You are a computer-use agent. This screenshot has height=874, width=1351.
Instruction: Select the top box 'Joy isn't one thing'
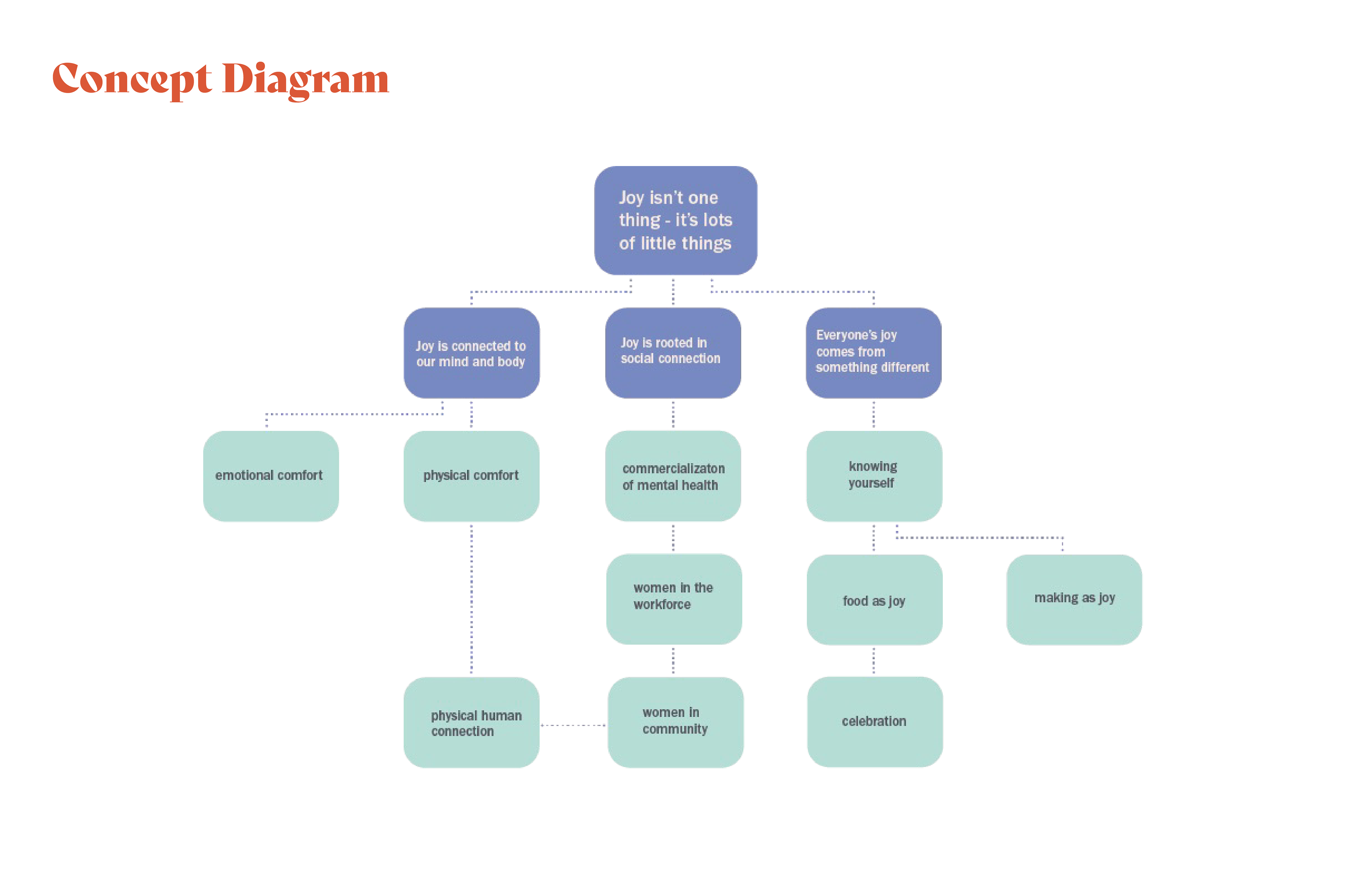click(x=675, y=220)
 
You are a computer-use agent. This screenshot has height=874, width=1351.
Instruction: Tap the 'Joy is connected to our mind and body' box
click(x=472, y=353)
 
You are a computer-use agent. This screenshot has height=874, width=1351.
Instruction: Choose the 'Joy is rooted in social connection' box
click(x=673, y=353)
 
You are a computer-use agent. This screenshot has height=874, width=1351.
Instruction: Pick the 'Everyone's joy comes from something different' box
click(x=874, y=353)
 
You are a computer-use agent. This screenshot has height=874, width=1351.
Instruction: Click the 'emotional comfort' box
click(x=271, y=476)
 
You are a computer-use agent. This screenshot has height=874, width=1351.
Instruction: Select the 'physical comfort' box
click(x=472, y=476)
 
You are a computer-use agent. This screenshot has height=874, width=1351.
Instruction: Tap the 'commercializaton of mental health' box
click(x=673, y=476)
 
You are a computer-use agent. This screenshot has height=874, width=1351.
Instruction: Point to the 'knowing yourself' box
click(x=874, y=476)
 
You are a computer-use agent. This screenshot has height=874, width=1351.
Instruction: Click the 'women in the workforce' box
click(x=674, y=599)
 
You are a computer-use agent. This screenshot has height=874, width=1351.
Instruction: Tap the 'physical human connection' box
click(x=472, y=722)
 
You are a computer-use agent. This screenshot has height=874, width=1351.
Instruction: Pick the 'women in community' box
click(x=675, y=722)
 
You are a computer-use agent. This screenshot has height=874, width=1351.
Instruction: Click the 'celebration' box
click(x=875, y=722)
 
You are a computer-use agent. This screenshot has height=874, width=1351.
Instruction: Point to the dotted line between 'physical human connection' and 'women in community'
click(x=573, y=725)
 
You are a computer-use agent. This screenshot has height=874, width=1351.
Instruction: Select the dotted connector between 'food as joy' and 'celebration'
click(x=874, y=661)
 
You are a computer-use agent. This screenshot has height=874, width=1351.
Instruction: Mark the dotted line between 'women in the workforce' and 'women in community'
click(x=673, y=661)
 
